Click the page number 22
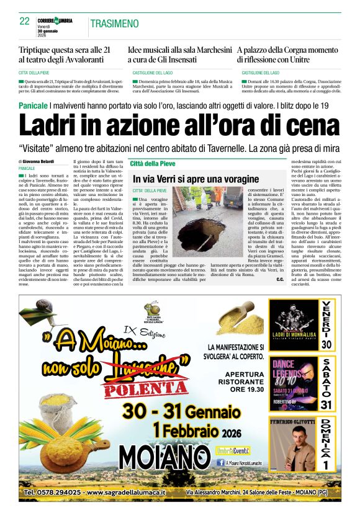point(25,21)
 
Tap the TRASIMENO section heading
point(114,24)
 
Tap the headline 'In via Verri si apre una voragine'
point(186,179)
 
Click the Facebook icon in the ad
point(220,463)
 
